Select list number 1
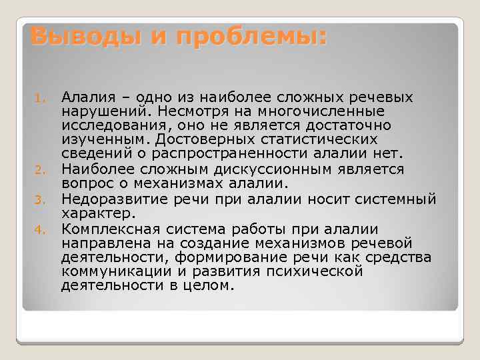coord(38,99)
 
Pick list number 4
coord(38,230)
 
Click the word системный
coord(393,199)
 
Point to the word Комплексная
coord(107,228)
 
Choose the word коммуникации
coord(109,272)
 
